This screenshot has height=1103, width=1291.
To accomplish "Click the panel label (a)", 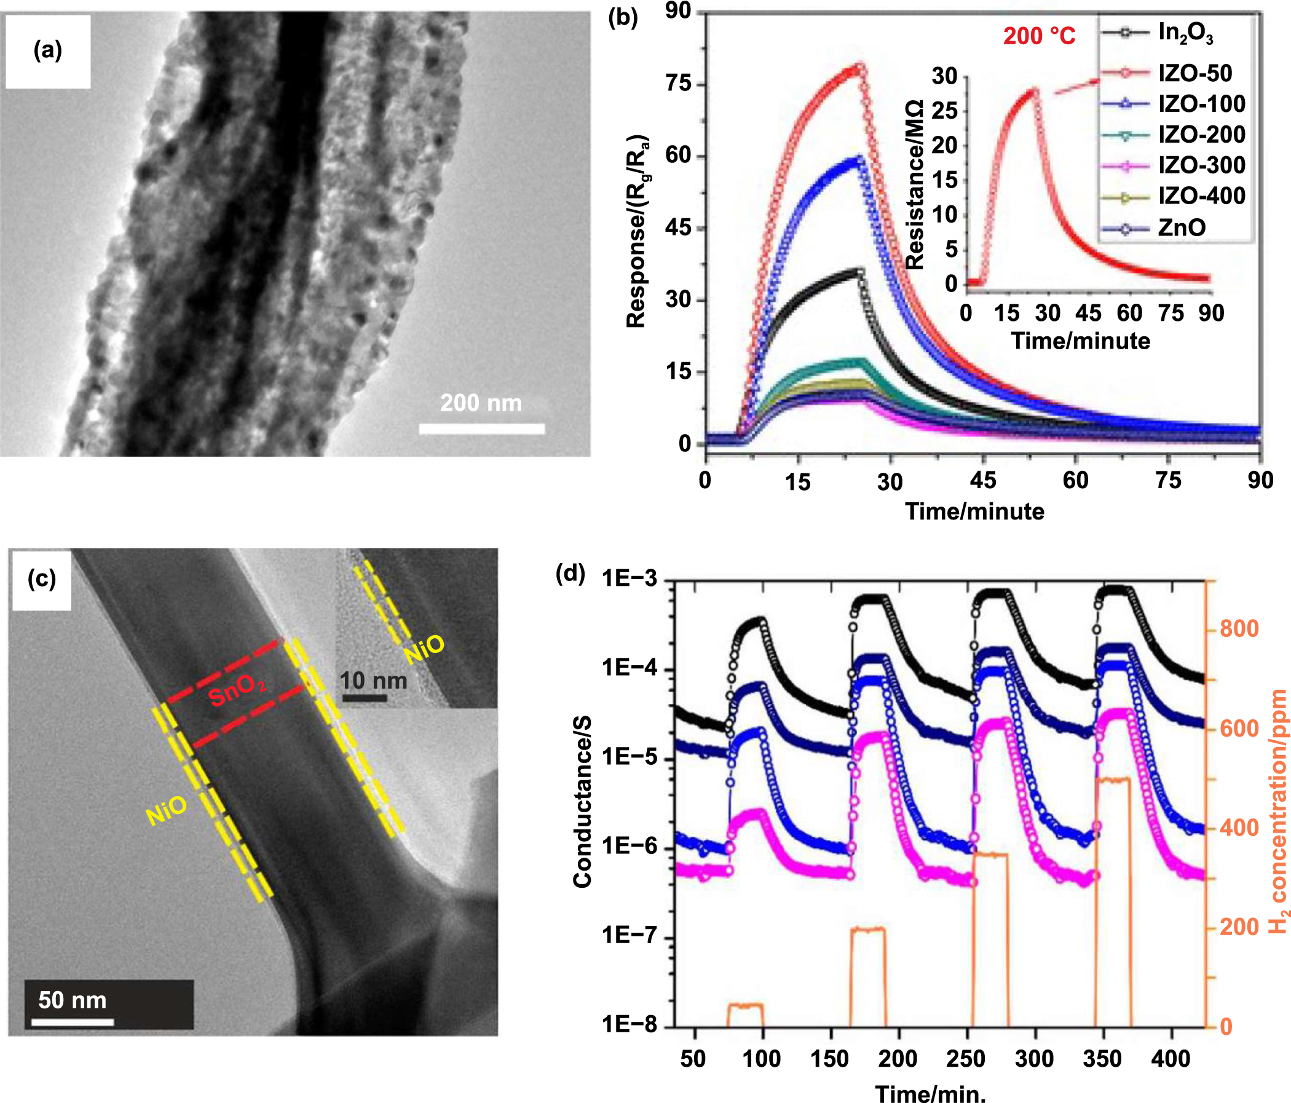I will [47, 50].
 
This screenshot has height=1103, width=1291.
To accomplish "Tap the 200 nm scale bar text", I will [480, 403].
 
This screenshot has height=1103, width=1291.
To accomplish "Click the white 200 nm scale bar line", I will [481, 429].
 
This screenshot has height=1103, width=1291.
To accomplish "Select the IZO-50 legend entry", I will [1194, 73].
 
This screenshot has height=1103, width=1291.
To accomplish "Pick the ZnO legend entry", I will [1182, 227].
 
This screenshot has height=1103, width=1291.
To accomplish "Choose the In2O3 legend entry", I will [1185, 33].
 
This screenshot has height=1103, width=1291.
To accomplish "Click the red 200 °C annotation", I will [1039, 36].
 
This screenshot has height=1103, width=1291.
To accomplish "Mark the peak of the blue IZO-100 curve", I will [860, 159].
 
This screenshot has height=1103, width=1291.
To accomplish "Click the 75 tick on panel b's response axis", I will [679, 84].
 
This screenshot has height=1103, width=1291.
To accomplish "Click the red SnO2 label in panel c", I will [237, 690].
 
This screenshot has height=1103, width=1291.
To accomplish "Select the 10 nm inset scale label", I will [373, 681].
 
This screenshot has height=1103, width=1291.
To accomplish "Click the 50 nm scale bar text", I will [73, 1000].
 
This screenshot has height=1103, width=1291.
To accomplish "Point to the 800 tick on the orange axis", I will [1239, 629].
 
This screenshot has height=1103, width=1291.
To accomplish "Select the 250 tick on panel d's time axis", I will [965, 1059].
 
